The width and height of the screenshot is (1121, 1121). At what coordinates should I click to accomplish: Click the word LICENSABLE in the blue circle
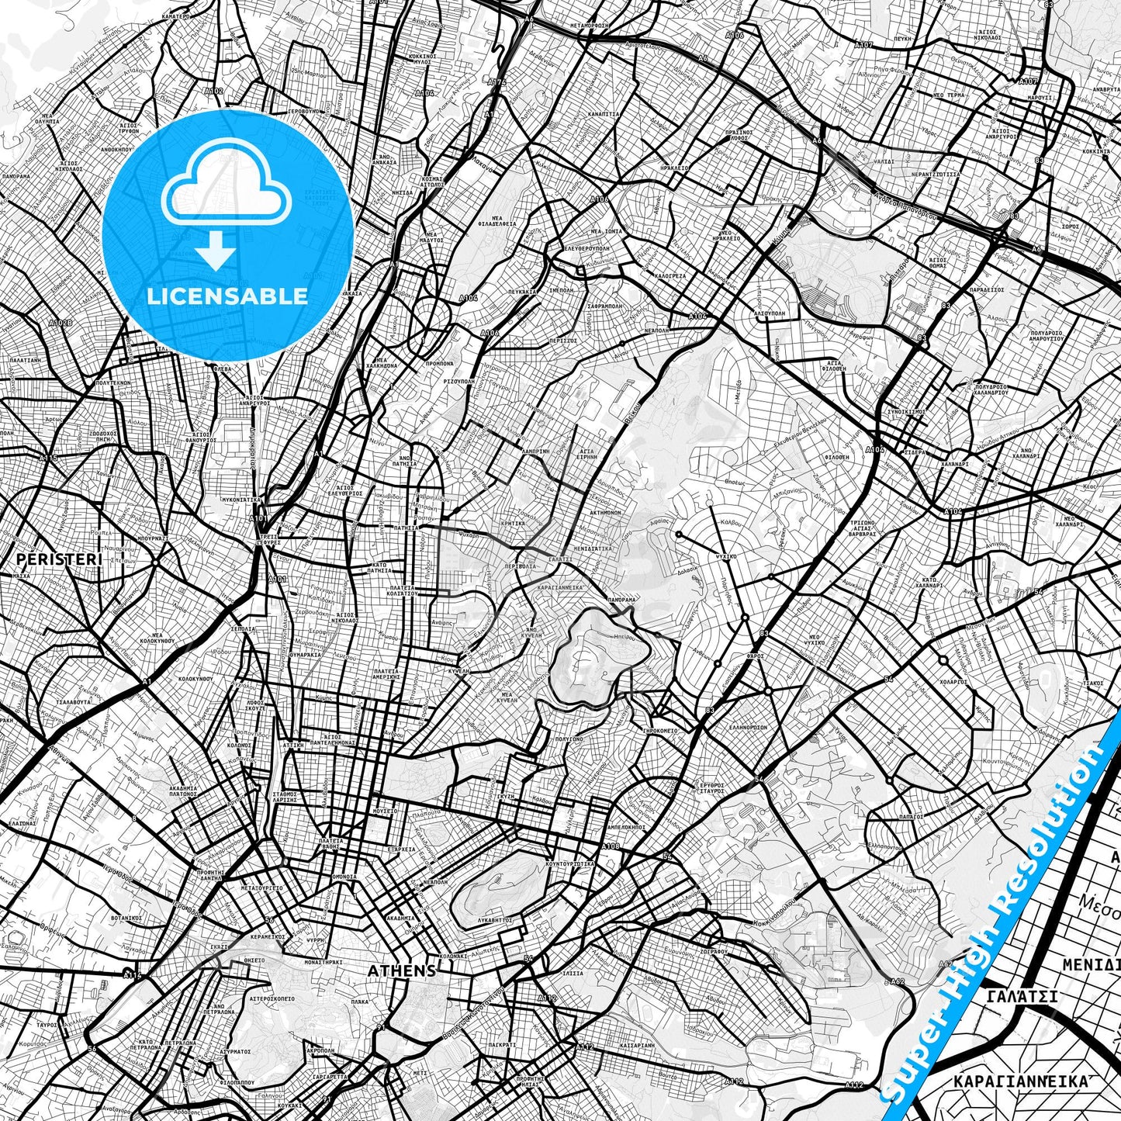coord(226,296)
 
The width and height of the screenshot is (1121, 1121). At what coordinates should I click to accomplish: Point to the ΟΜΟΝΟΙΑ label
coord(344,877)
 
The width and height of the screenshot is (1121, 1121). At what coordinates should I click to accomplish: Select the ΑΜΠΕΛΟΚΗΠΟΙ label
coord(621,827)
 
